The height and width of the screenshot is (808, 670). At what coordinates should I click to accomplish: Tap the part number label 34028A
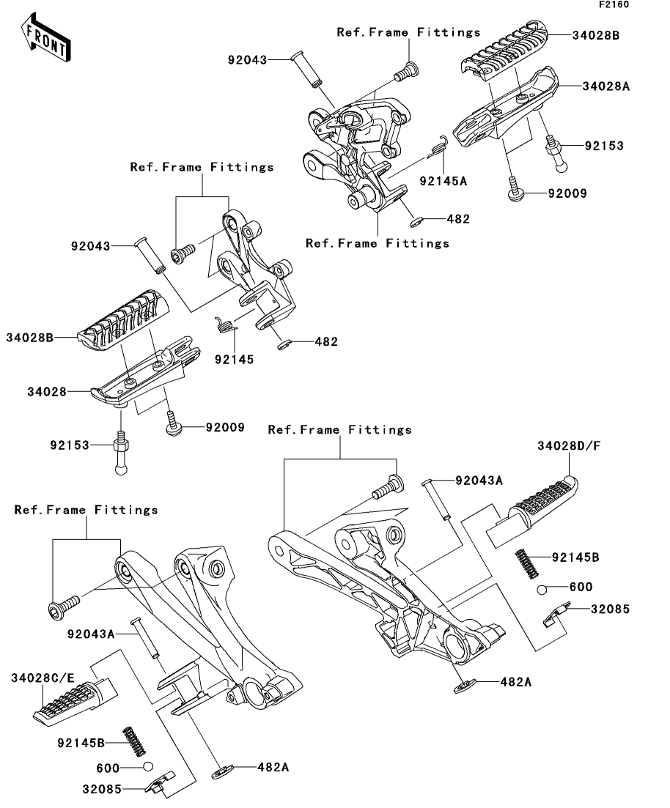[605, 86]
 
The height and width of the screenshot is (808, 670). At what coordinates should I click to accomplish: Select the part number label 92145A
[443, 180]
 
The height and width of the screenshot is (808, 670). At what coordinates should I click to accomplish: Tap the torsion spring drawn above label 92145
[227, 325]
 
